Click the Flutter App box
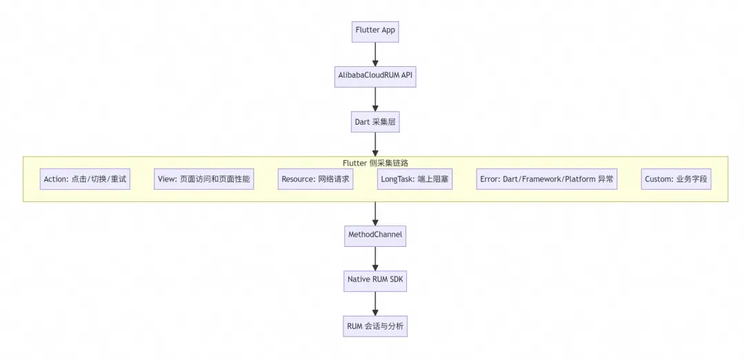[375, 31]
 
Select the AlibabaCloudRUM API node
[375, 77]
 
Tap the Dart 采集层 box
[375, 121]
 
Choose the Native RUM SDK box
[375, 281]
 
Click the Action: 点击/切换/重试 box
[85, 179]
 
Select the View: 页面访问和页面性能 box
[203, 179]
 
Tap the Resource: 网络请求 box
[315, 179]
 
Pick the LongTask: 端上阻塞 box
[415, 179]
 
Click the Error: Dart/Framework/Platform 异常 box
[547, 179]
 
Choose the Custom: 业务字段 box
[676, 179]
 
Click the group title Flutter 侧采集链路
[375, 163]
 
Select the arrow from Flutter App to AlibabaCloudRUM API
[375, 54]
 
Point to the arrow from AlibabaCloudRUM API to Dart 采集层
[375, 99]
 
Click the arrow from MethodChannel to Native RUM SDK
[375, 259]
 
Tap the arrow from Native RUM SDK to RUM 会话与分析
[375, 304]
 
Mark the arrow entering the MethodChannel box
[375, 214]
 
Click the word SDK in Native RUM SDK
[396, 279]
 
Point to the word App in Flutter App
[388, 30]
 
